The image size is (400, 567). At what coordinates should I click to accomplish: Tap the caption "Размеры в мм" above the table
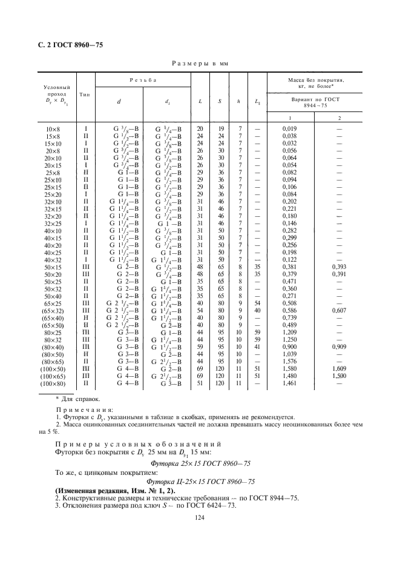coord(200,63)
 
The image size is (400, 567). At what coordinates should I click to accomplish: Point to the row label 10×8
coord(53,129)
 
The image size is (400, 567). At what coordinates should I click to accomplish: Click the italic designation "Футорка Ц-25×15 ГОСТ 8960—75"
coord(200,482)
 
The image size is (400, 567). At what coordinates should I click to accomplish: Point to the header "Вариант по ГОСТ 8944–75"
coord(315,101)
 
